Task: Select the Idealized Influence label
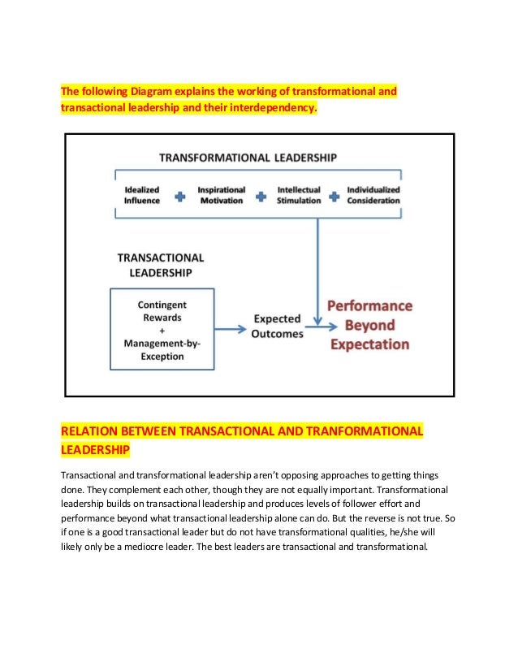[x=142, y=195]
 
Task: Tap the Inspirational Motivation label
[x=221, y=195]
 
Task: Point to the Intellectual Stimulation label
[x=299, y=195]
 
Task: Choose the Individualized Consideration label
[x=373, y=195]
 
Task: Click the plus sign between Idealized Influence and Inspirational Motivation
[x=179, y=196]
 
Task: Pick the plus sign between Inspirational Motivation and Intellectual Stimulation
[x=261, y=196]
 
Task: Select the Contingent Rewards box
[x=162, y=329]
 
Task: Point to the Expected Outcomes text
[x=278, y=327]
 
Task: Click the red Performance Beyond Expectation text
[x=369, y=325]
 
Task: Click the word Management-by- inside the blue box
[x=162, y=343]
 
